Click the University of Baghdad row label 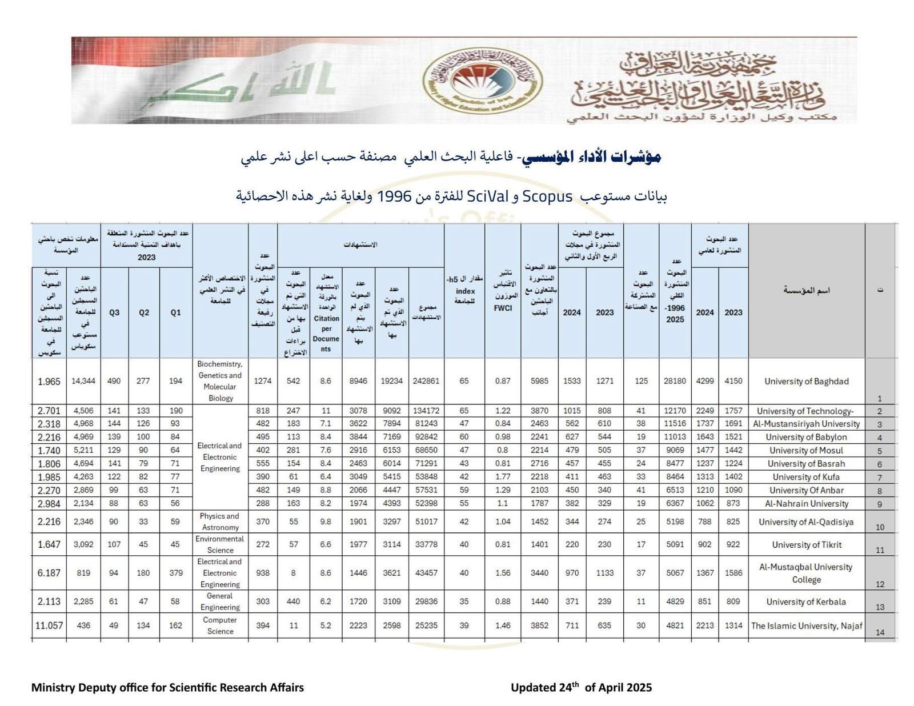click(x=806, y=381)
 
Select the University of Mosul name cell click(x=806, y=450)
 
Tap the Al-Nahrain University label click(x=806, y=503)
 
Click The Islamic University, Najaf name click(x=806, y=625)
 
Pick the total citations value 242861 click(x=426, y=381)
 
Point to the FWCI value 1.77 click(x=503, y=476)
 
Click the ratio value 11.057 click(x=49, y=625)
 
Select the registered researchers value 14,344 click(x=83, y=381)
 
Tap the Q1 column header click(x=175, y=312)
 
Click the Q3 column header click(x=114, y=312)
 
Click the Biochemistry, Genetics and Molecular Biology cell click(x=221, y=381)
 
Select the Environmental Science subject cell click(x=220, y=544)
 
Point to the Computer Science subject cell click(x=220, y=625)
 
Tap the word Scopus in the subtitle click(x=547, y=196)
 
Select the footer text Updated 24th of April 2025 click(x=581, y=687)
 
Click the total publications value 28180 click(x=675, y=381)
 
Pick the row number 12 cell click(x=880, y=584)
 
